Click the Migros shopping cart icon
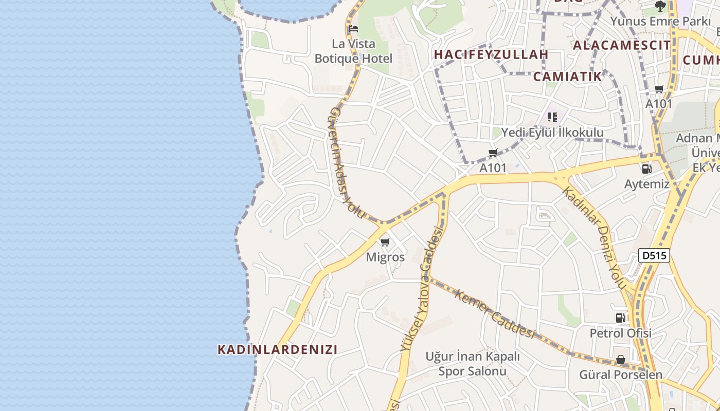385,242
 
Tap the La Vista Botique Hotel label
353,51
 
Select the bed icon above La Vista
353,29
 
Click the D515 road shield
654,255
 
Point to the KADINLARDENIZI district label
277,350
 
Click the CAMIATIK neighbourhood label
567,77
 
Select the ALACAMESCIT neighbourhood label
622,45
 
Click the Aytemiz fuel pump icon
646,169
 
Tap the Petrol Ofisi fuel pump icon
621,318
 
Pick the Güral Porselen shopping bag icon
621,360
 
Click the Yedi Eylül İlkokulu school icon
552,117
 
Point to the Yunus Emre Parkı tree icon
660,6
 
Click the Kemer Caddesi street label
495,313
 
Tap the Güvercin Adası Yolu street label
346,163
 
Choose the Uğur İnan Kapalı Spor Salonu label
473,364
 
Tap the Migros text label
385,257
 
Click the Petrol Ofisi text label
620,333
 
